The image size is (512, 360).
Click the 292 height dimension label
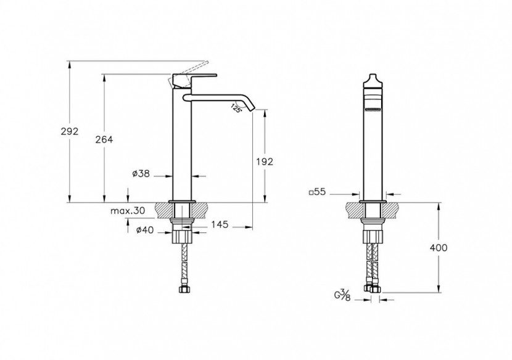[70, 131]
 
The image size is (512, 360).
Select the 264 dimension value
[104, 140]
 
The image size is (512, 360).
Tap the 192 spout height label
[265, 162]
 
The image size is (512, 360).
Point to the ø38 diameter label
[141, 174]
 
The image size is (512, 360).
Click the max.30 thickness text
[128, 211]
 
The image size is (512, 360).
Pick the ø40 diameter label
[144, 230]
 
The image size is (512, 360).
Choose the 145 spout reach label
[220, 224]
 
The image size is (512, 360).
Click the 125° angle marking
[236, 108]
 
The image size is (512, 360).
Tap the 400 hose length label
[438, 248]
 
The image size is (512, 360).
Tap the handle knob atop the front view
[373, 81]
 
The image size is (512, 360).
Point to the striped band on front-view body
[373, 110]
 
